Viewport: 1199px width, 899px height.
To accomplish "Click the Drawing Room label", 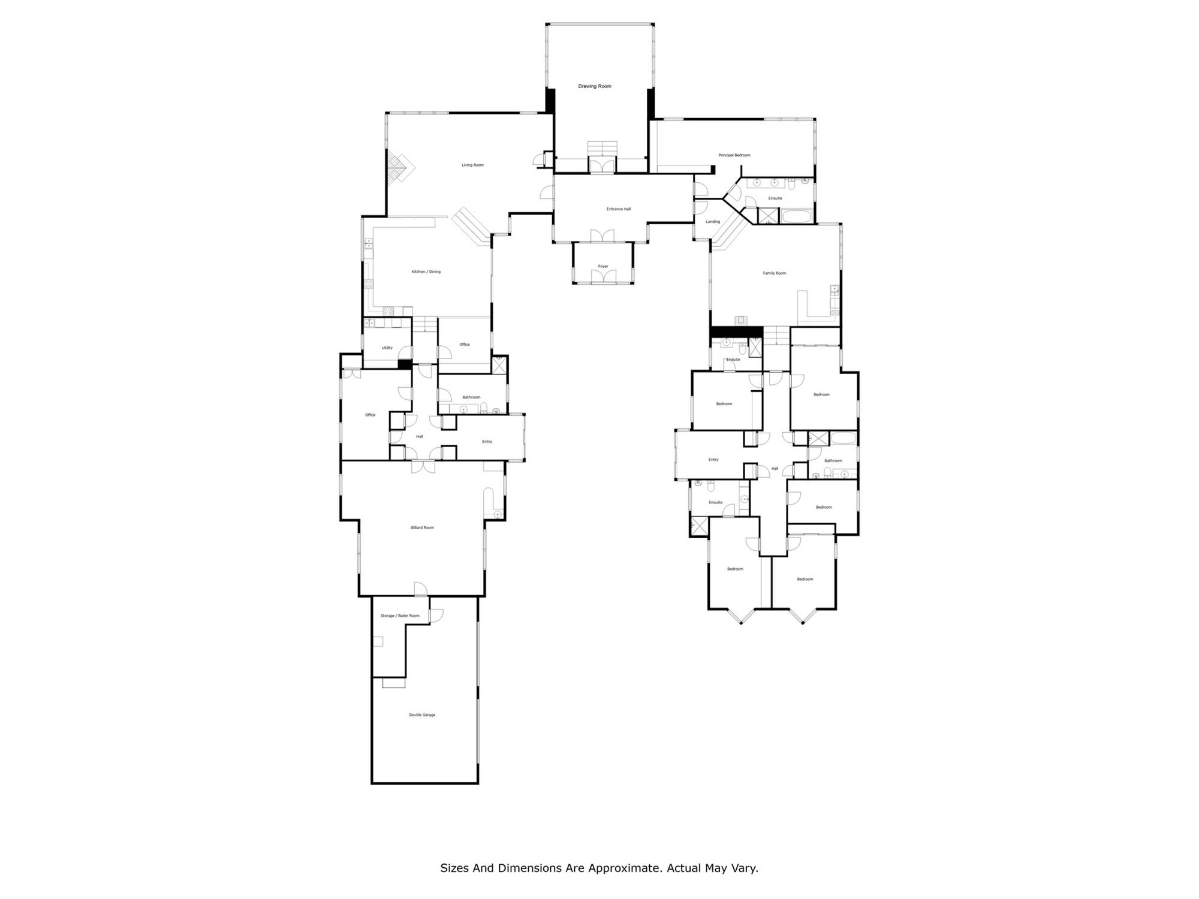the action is (595, 86).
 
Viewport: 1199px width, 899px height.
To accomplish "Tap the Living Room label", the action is (472, 165).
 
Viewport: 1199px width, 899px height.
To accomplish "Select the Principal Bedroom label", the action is (734, 155).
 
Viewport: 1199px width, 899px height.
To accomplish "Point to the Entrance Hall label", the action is (619, 209).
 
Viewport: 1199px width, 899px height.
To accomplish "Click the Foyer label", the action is (603, 267).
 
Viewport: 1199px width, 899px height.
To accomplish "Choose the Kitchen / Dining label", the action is (426, 272).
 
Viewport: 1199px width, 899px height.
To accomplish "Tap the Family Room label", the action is (775, 273).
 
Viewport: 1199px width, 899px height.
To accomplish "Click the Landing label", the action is (713, 222).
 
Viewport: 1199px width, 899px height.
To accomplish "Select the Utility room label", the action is (387, 348).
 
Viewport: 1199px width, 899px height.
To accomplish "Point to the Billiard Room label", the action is (422, 528).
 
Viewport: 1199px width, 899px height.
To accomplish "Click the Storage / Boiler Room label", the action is (400, 616).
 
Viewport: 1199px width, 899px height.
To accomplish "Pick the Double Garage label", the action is (422, 715).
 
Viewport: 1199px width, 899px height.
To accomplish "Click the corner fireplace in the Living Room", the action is (400, 168).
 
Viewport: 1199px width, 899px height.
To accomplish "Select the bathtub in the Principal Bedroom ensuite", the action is (796, 216).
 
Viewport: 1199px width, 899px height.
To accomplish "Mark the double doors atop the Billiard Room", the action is (423, 467).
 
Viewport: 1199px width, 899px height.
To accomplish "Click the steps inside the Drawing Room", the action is (602, 148).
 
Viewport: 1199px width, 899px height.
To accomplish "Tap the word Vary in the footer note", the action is (745, 868).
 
